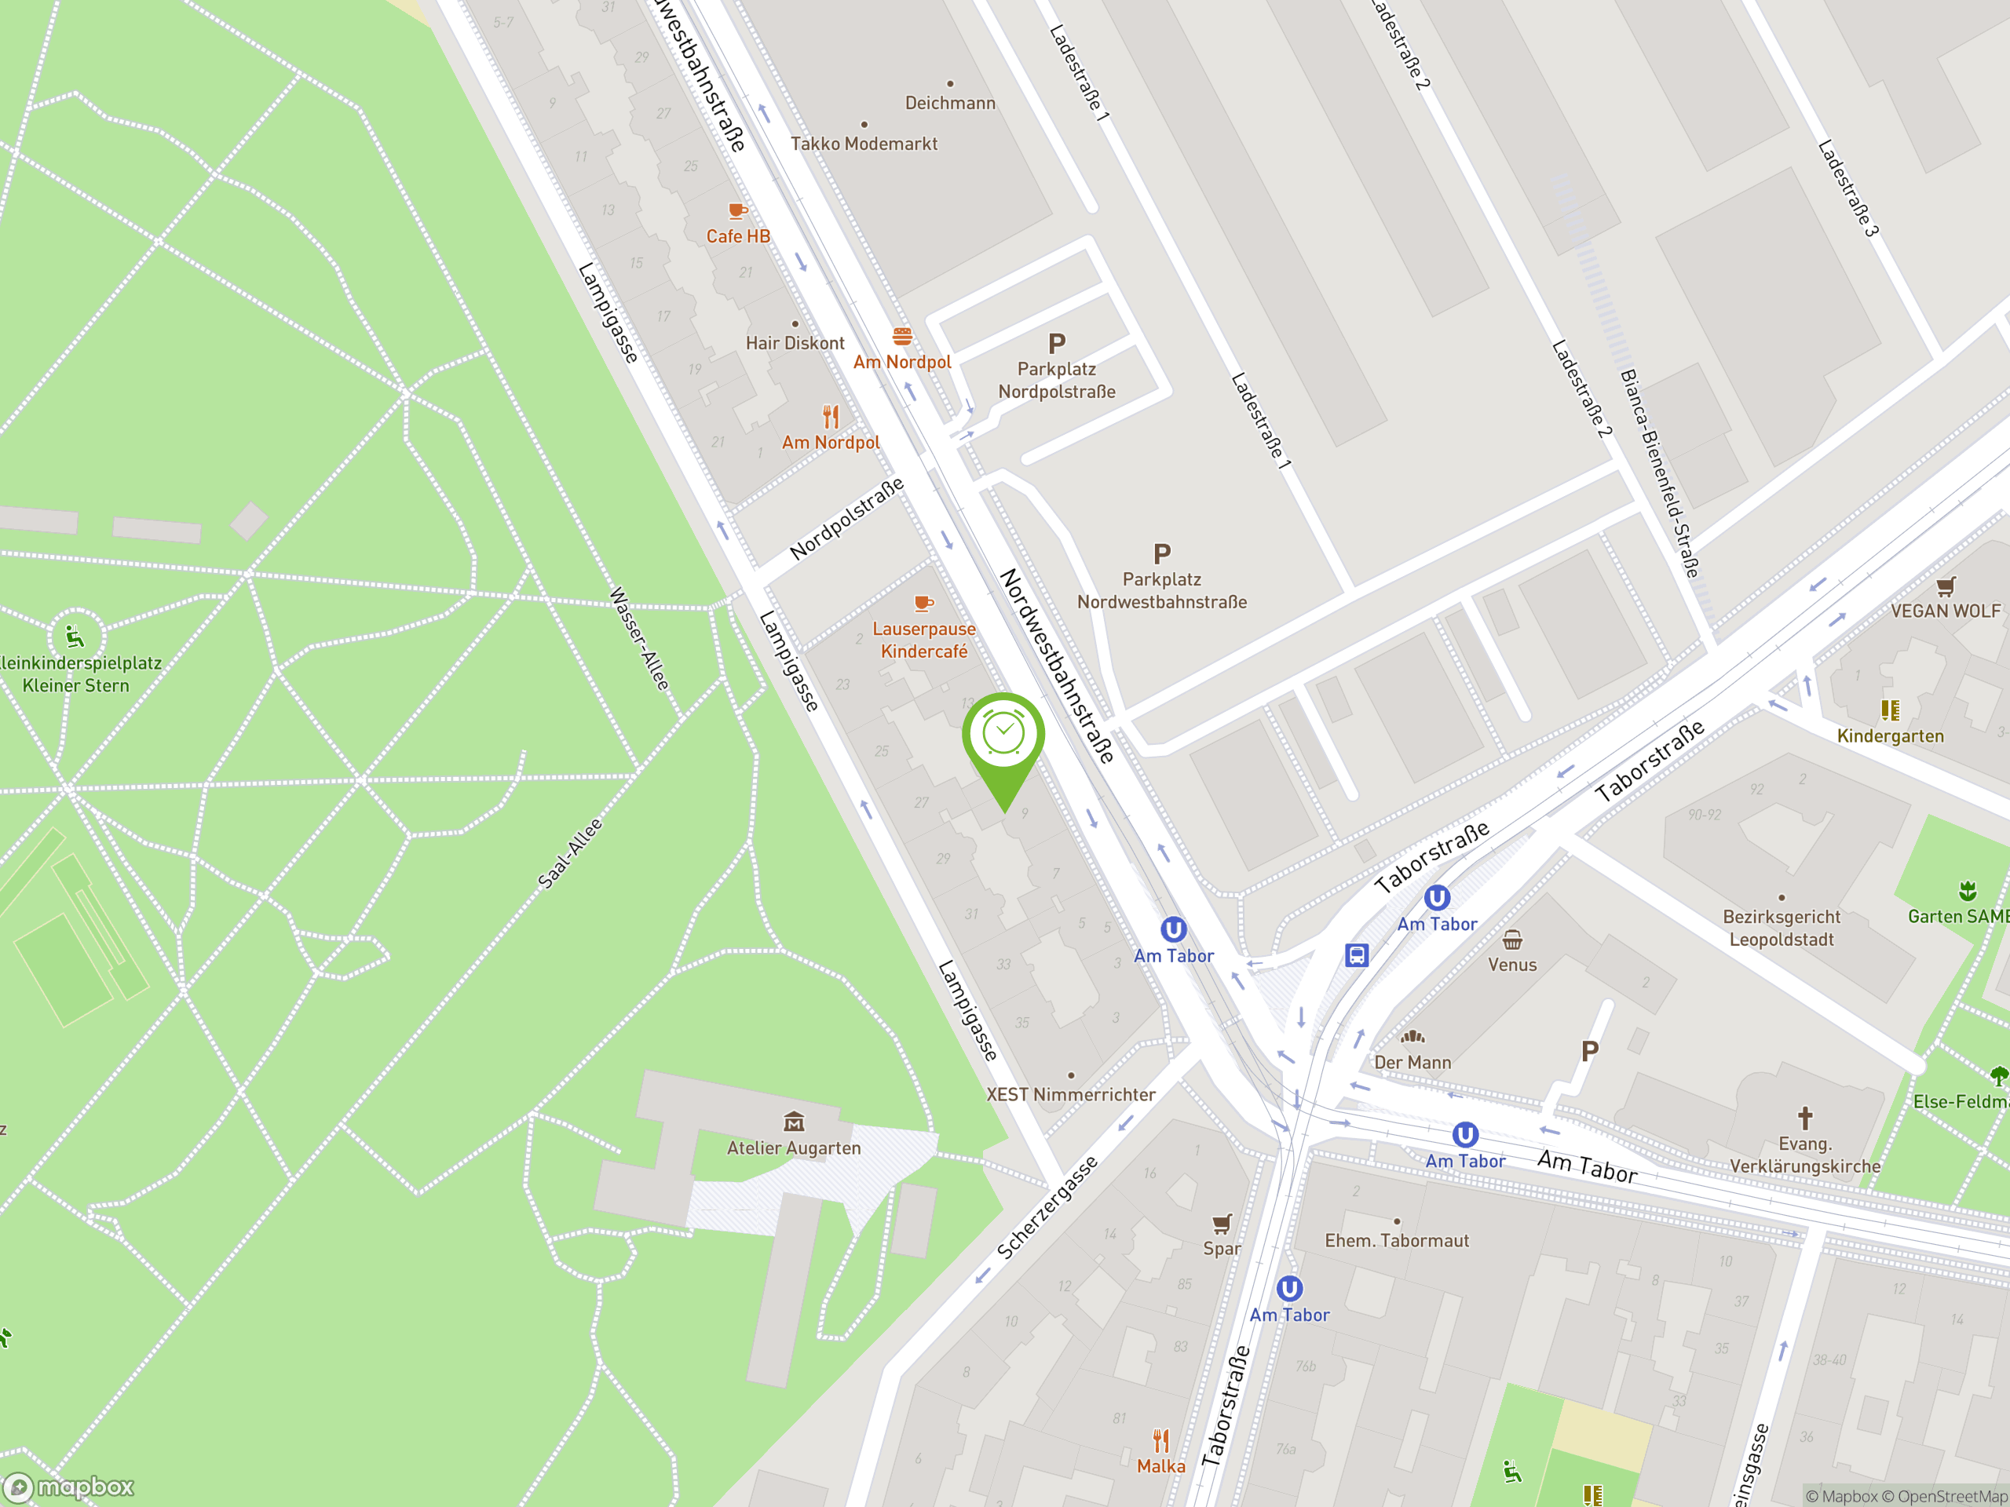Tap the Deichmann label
(949, 103)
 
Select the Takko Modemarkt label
(863, 144)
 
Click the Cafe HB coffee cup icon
(738, 210)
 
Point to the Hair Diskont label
(795, 343)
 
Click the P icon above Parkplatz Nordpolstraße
(1056, 343)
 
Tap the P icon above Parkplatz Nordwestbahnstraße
(1161, 553)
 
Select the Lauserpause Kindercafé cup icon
(923, 603)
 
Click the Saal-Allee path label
(570, 853)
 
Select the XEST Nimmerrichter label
(1070, 1095)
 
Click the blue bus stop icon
(1356, 954)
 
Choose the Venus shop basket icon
(1512, 940)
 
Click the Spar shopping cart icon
(1221, 1224)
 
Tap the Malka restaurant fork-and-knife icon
(1160, 1441)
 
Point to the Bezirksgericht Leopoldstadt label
(1781, 928)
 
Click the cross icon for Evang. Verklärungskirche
(1804, 1118)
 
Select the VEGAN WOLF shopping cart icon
(1945, 586)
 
